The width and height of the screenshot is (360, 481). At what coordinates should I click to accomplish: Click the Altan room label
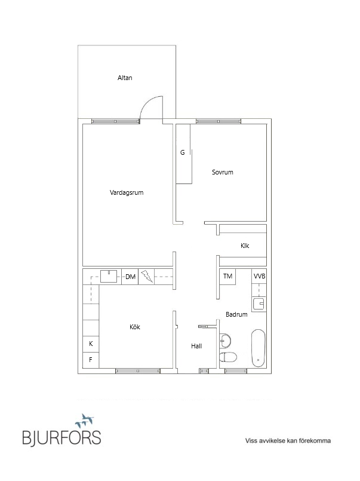(125, 78)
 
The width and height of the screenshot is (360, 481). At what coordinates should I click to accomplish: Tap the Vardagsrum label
(127, 192)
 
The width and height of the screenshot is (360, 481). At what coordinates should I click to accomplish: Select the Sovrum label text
(223, 172)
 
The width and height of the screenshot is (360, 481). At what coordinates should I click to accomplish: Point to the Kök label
(135, 327)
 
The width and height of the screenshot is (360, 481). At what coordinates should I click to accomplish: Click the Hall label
(196, 346)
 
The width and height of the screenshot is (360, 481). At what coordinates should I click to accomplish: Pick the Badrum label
(236, 314)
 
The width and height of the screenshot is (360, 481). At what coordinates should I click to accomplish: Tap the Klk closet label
(245, 246)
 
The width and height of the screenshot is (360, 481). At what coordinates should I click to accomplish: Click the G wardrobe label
(183, 152)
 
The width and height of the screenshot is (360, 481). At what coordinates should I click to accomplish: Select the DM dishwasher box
(130, 277)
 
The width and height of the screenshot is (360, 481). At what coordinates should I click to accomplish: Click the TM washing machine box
(227, 277)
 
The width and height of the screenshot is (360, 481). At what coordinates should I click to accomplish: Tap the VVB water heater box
(259, 276)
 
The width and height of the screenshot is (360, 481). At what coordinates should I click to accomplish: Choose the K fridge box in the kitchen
(91, 344)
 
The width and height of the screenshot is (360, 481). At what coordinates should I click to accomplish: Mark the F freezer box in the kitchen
(91, 360)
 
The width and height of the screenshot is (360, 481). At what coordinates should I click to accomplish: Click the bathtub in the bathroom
(259, 348)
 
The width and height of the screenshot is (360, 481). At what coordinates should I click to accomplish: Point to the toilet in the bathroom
(228, 357)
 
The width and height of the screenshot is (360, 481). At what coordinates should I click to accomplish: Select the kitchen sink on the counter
(109, 276)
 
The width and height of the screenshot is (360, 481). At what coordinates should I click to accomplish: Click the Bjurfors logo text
(61, 437)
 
